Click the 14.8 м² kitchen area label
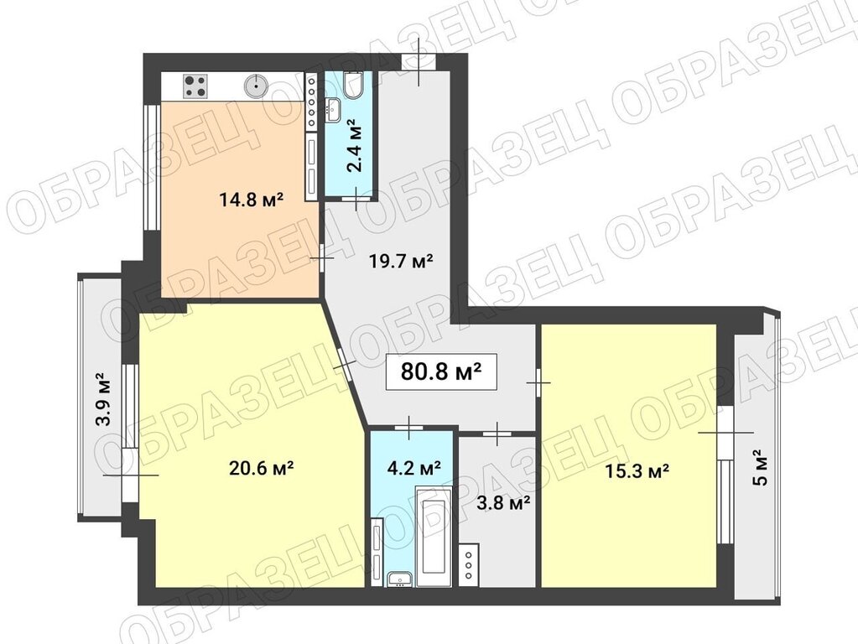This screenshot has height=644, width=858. point(251,200)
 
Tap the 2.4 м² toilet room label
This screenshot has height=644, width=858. point(356,147)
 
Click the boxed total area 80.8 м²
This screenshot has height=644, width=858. point(441,372)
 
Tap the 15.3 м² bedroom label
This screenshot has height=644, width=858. point(637,470)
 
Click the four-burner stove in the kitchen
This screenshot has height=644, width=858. point(196,86)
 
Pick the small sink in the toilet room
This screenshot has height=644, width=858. point(333,110)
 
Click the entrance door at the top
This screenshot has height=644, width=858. point(419,62)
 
